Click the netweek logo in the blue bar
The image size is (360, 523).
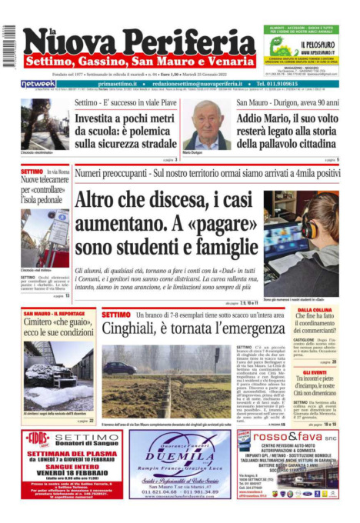tap(38, 83)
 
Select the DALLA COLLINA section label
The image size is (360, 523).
tap(315, 310)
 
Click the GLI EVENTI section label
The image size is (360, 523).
tap(315, 371)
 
